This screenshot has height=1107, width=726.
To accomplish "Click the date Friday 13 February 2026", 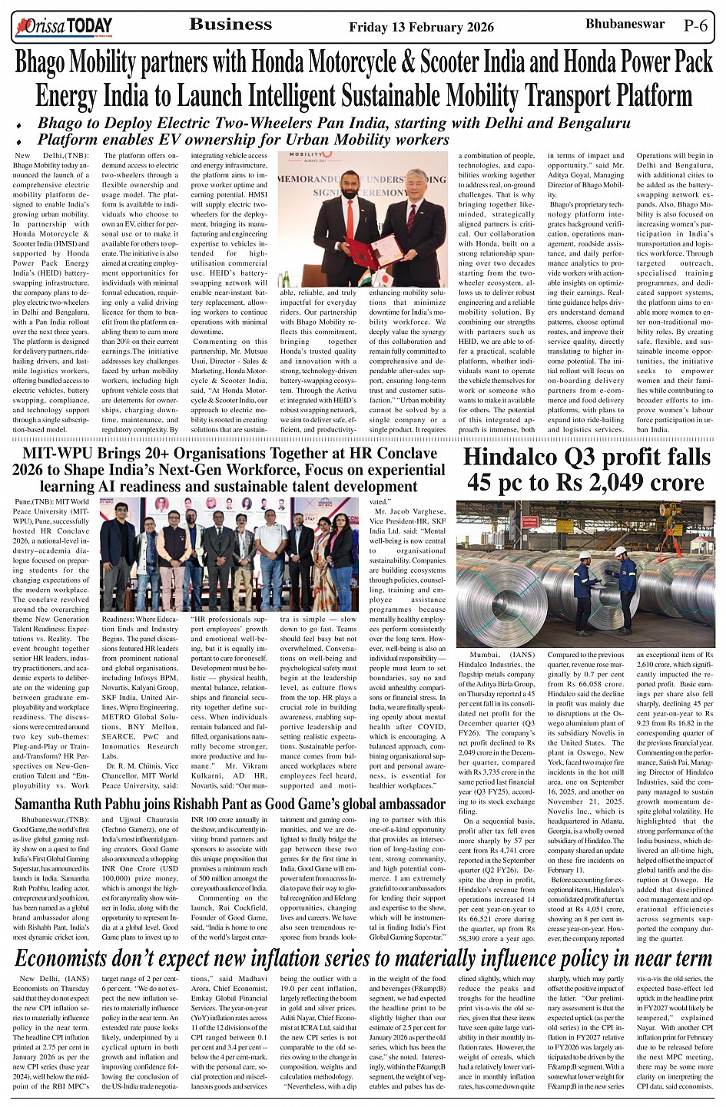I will pyautogui.click(x=421, y=27).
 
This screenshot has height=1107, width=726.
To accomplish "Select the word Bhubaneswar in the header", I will pyautogui.click(x=625, y=25).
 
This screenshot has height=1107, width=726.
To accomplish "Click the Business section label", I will pyautogui.click(x=230, y=25).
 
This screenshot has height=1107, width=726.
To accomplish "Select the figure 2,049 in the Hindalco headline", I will pyautogui.click(x=616, y=483).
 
